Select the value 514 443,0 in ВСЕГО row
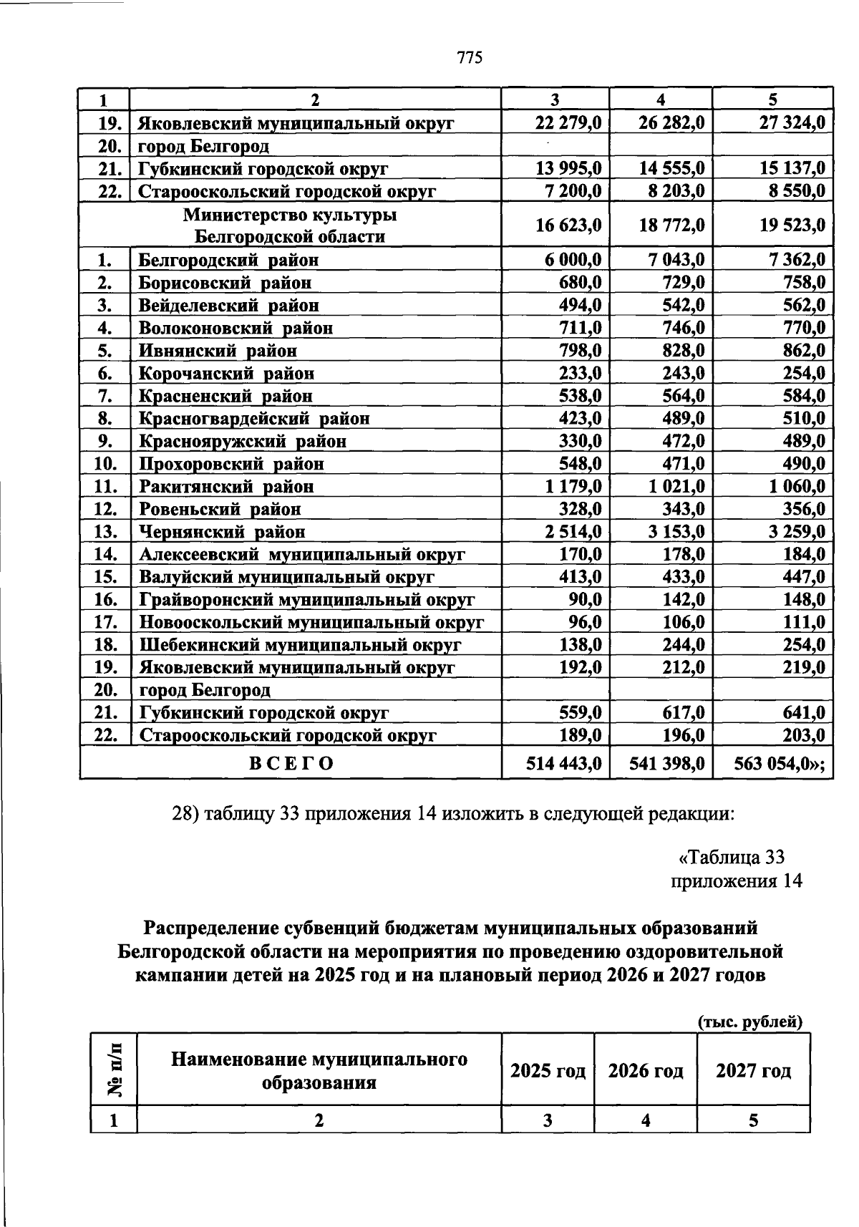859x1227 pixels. (563, 764)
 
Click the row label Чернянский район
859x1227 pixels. (222, 532)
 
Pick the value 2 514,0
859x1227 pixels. (571, 532)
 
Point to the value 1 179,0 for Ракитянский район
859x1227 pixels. (571, 487)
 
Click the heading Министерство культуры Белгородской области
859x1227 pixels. (290, 225)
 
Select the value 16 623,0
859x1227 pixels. (568, 225)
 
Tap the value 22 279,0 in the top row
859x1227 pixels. (568, 123)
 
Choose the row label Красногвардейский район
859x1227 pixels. (254, 419)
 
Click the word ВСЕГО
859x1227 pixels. (291, 764)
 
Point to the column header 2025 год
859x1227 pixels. (548, 1071)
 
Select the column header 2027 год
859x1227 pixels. (753, 1071)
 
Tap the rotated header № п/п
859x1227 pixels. (114, 1069)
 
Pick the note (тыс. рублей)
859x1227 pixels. (750, 1022)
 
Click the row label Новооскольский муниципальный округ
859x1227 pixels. (311, 622)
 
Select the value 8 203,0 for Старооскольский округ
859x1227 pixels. (671, 191)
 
